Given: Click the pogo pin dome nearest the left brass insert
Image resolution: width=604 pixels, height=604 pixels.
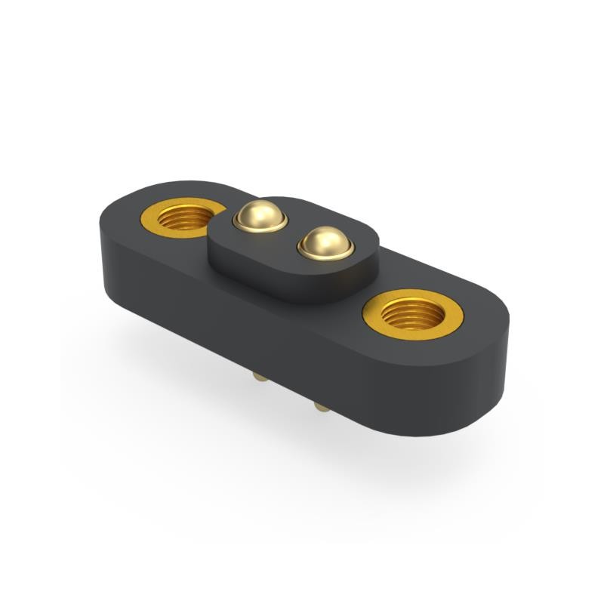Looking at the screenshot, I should (260, 216).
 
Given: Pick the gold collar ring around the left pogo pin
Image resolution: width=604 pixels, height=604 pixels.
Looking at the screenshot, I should (260, 226).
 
